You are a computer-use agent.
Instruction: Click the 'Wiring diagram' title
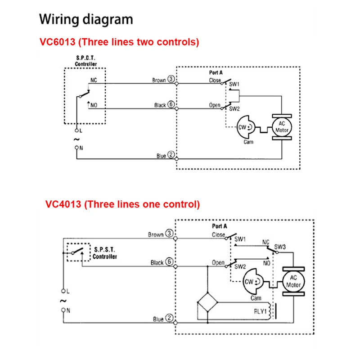point(86,20)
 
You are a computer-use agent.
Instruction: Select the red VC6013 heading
point(119,42)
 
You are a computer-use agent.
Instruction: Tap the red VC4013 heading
point(122,204)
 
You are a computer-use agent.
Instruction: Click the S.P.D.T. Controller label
point(85,61)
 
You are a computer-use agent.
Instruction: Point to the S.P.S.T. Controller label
point(105,253)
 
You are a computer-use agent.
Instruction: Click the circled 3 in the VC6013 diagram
point(171,80)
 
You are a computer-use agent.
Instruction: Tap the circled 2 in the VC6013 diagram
point(171,155)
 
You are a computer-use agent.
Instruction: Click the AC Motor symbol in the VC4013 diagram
point(293,282)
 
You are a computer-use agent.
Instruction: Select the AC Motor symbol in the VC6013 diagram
point(282,127)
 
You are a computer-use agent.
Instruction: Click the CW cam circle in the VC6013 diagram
point(243,127)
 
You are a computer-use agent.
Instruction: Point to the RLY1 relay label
point(260,310)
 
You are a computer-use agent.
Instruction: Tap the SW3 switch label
point(280,247)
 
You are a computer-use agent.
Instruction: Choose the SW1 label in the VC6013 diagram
point(234,84)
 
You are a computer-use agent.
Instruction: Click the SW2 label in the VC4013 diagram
point(240,267)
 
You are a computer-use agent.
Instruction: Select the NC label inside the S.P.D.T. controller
point(94,80)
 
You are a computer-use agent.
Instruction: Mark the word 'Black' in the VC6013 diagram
point(160,105)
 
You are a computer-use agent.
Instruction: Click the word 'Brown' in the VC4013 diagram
point(156,234)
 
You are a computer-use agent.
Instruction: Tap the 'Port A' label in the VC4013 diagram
point(220,226)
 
